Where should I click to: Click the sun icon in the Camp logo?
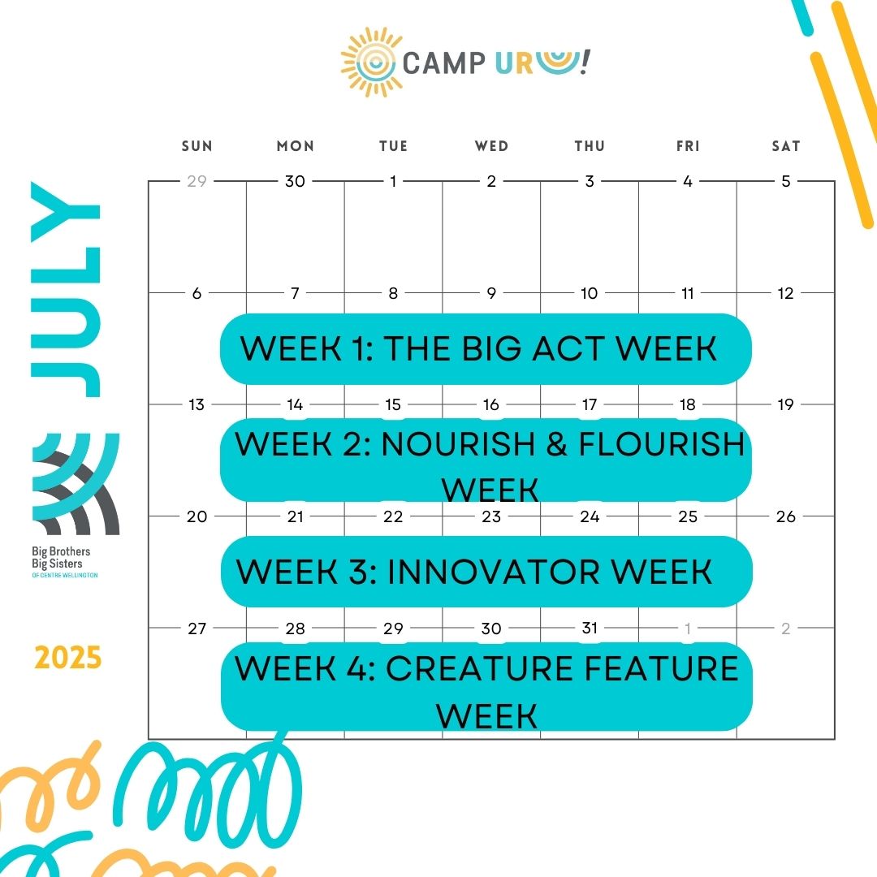(x=371, y=62)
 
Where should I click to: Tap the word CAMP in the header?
(x=443, y=63)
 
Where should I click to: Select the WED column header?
(x=491, y=146)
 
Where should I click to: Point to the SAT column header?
(x=786, y=146)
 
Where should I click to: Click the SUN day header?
(x=197, y=146)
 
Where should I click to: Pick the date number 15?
(x=393, y=404)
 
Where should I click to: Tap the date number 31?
(x=590, y=628)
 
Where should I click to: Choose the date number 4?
(x=688, y=181)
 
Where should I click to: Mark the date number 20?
(x=197, y=516)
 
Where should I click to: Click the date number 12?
(x=786, y=293)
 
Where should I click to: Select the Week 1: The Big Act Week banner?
(x=486, y=349)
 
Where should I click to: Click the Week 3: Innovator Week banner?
(x=486, y=572)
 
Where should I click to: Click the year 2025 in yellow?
(x=67, y=658)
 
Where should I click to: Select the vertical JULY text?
(x=66, y=289)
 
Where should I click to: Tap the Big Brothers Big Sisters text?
(x=61, y=558)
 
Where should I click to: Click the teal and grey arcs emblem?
(x=76, y=484)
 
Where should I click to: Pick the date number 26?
(x=786, y=516)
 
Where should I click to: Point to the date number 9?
(x=491, y=293)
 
